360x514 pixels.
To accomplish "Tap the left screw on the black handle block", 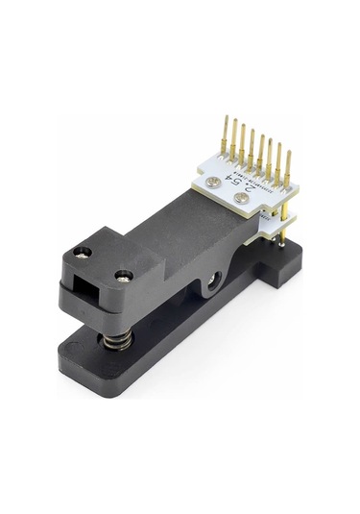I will pyautogui.click(x=84, y=254).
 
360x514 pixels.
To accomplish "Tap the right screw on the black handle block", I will pyautogui.click(x=122, y=277).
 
